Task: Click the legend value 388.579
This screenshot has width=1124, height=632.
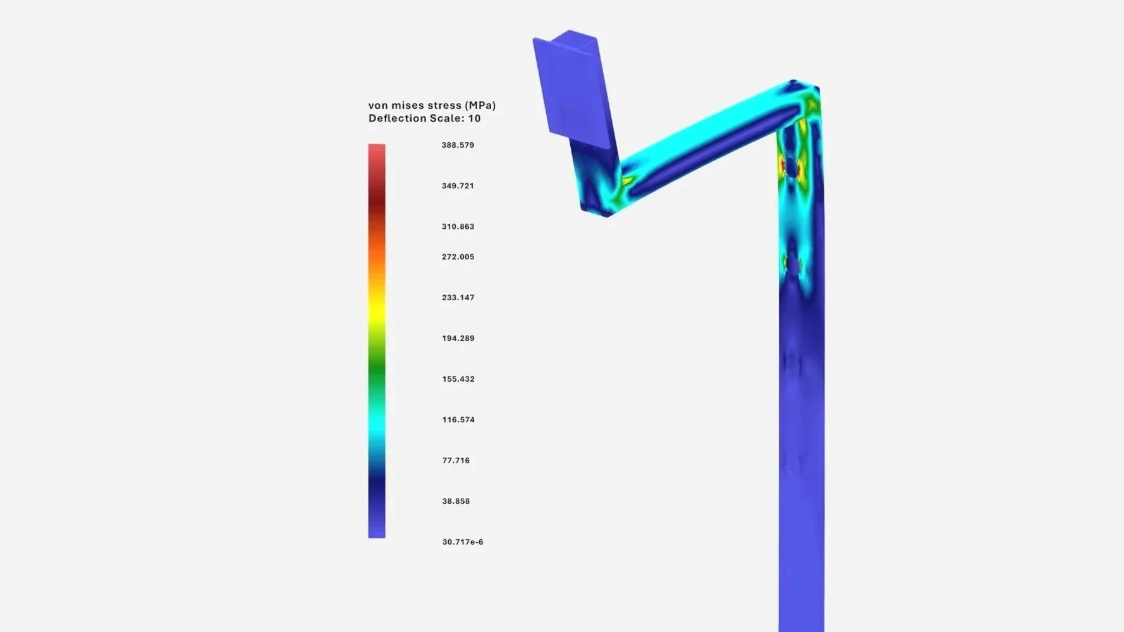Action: [x=458, y=145]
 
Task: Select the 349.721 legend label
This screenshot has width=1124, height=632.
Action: [x=458, y=186]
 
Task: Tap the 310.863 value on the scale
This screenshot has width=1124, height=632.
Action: [x=458, y=226]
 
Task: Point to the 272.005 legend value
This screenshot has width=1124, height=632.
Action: [x=458, y=257]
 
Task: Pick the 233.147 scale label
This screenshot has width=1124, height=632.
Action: [x=458, y=298]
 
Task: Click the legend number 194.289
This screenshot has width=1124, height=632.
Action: [x=458, y=338]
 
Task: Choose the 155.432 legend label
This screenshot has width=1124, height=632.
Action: [x=458, y=379]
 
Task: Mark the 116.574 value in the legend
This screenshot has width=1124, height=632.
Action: [x=458, y=420]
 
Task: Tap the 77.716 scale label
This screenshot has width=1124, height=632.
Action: [x=456, y=461]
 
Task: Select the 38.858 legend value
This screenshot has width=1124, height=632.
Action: [x=456, y=501]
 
